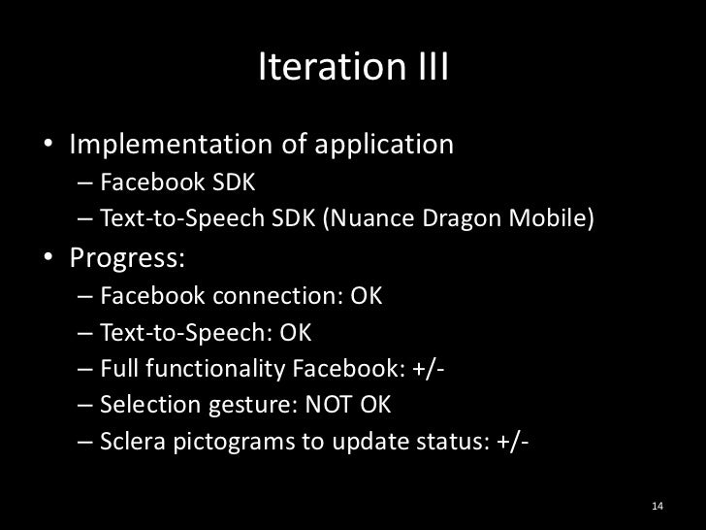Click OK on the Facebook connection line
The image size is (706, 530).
(x=367, y=296)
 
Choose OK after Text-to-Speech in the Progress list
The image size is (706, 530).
(x=295, y=334)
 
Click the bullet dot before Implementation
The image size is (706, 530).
(x=48, y=148)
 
